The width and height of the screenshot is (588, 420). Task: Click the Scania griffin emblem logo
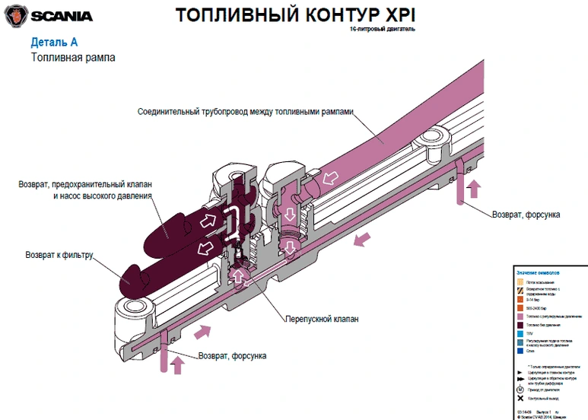pos(16,14)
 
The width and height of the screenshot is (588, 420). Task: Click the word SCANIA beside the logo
pos(62,15)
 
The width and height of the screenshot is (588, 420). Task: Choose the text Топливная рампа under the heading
pos(73,57)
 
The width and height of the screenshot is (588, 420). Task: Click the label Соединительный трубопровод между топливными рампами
pos(246,110)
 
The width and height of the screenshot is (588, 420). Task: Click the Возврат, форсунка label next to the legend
pos(526,215)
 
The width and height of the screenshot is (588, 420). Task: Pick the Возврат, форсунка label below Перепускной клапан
pos(232,355)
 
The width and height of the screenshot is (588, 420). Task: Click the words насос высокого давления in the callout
pos(103,196)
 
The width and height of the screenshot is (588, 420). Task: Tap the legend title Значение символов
pos(538,272)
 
